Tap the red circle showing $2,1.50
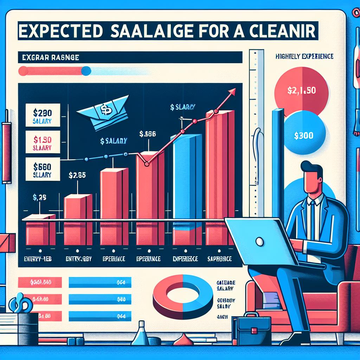click(302, 90)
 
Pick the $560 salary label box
click(43, 169)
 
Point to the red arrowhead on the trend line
click(232, 92)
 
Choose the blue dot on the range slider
click(86, 71)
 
